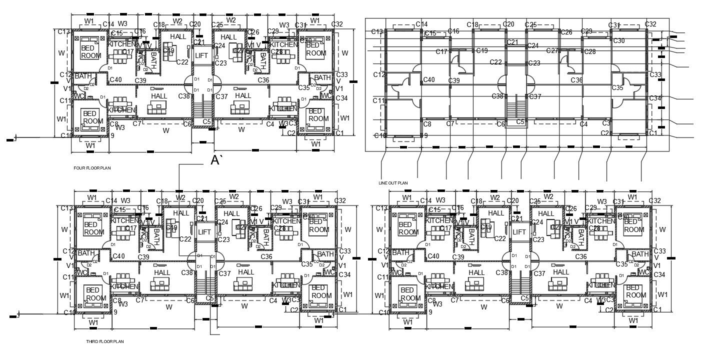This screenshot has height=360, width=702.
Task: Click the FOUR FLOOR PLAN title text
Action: point(92,168)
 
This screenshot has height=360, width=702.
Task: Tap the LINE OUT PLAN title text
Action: point(393,183)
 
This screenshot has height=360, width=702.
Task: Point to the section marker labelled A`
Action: point(216,160)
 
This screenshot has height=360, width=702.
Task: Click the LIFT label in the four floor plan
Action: point(201,55)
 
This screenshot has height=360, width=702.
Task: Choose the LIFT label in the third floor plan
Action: point(204,232)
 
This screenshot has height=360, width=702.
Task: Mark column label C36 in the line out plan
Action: point(577,80)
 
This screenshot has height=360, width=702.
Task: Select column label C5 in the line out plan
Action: point(520,121)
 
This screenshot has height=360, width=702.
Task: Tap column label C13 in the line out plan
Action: point(377,32)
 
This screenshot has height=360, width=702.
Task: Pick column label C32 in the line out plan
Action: point(650,24)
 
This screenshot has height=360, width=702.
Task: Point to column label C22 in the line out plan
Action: point(496,62)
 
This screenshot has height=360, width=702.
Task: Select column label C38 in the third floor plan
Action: point(187,272)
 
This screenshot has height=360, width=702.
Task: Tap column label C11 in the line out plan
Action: point(378,101)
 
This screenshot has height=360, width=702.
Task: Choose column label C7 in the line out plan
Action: point(450,123)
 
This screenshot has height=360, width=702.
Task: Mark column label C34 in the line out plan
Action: point(655,98)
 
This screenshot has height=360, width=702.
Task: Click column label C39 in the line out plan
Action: point(454,80)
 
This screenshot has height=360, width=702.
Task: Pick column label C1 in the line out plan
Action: point(652,133)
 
